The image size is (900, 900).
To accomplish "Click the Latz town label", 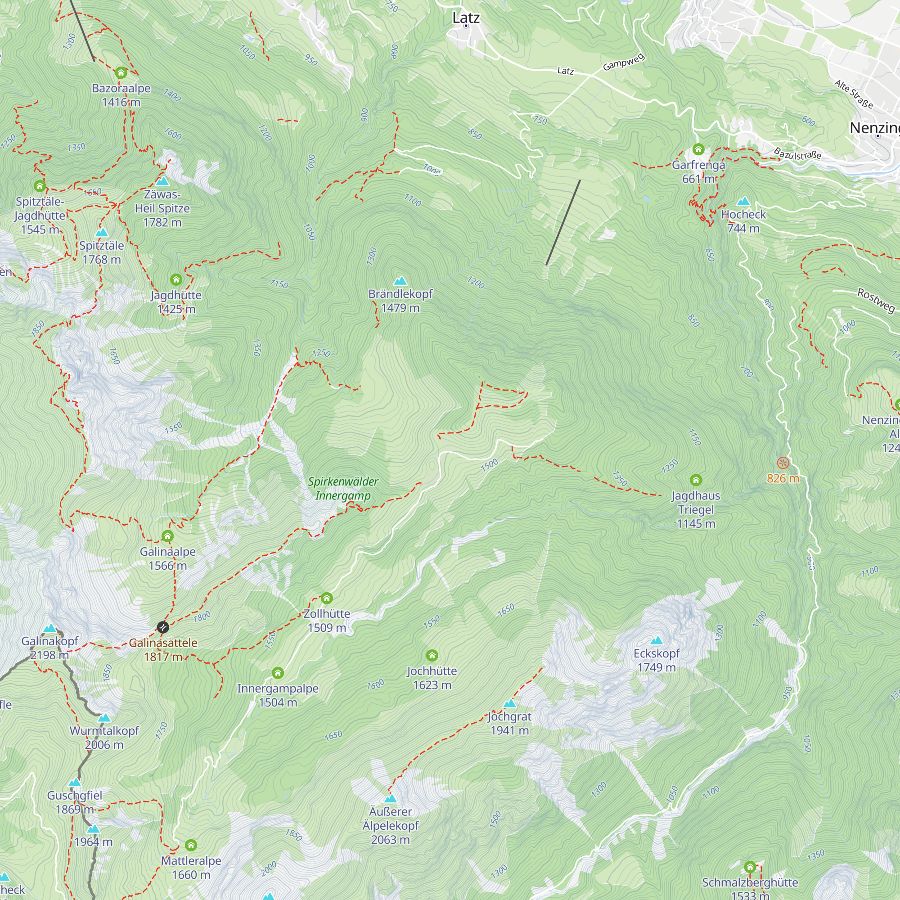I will click(466, 18).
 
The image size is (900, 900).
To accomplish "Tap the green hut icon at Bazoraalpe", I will click(121, 72).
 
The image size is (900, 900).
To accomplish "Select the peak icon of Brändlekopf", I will click(400, 281).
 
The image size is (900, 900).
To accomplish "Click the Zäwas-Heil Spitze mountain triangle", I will click(162, 181).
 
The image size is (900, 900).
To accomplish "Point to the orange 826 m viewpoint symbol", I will click(783, 463).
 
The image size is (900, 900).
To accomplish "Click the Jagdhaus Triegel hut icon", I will click(696, 480).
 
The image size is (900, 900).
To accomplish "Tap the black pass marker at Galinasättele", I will click(162, 627).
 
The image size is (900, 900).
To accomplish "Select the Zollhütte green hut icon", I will click(327, 598).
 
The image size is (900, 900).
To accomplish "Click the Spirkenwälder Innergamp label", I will click(343, 488).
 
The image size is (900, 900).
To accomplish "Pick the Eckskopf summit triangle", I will click(657, 640).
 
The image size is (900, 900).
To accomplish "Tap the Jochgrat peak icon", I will click(510, 704).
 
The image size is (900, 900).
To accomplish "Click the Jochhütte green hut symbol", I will click(432, 656).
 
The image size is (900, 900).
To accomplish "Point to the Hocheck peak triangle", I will click(743, 202).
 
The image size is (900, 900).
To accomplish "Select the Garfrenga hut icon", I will click(698, 149).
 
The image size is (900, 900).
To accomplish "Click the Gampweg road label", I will click(624, 63).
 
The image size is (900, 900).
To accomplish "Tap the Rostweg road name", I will click(876, 301).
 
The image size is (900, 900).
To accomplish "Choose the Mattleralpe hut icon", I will click(191, 845).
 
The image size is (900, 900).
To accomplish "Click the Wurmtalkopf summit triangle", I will click(104, 718).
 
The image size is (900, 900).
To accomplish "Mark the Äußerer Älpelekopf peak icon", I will click(390, 799).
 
